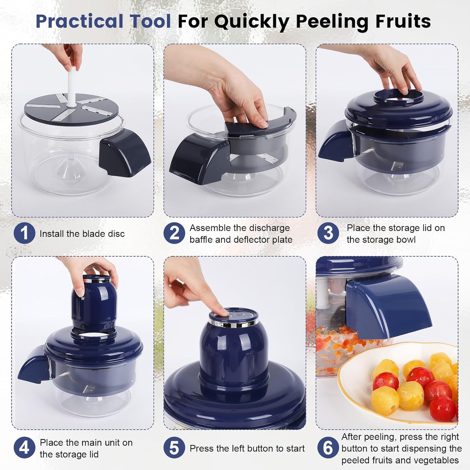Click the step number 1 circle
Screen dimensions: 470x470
[24, 233]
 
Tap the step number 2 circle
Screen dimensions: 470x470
[174, 233]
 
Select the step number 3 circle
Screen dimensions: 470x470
[328, 233]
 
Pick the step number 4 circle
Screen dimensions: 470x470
[24, 448]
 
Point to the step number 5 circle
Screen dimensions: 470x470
[174, 448]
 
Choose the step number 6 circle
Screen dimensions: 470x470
[328, 448]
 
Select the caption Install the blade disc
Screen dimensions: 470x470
[82, 234]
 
